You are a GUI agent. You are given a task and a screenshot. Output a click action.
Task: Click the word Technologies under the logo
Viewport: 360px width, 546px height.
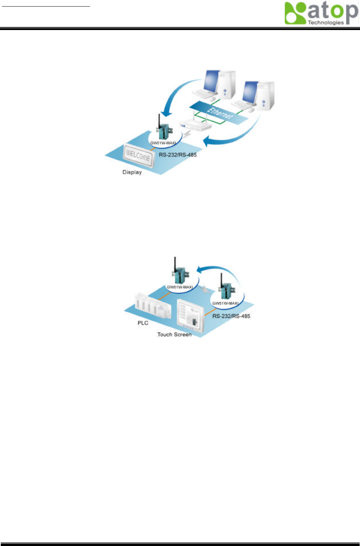[x=325, y=22]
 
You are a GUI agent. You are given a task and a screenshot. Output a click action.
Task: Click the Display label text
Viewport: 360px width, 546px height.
[x=132, y=172]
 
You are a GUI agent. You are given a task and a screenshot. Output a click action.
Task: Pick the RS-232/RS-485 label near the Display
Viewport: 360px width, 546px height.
[x=178, y=155]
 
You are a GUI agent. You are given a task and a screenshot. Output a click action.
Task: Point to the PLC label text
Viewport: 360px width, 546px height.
[x=143, y=323]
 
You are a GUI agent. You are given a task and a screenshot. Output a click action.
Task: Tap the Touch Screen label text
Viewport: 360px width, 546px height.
[x=174, y=335]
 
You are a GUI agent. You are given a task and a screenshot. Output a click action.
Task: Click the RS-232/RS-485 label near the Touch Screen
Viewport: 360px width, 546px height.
[x=231, y=316]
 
